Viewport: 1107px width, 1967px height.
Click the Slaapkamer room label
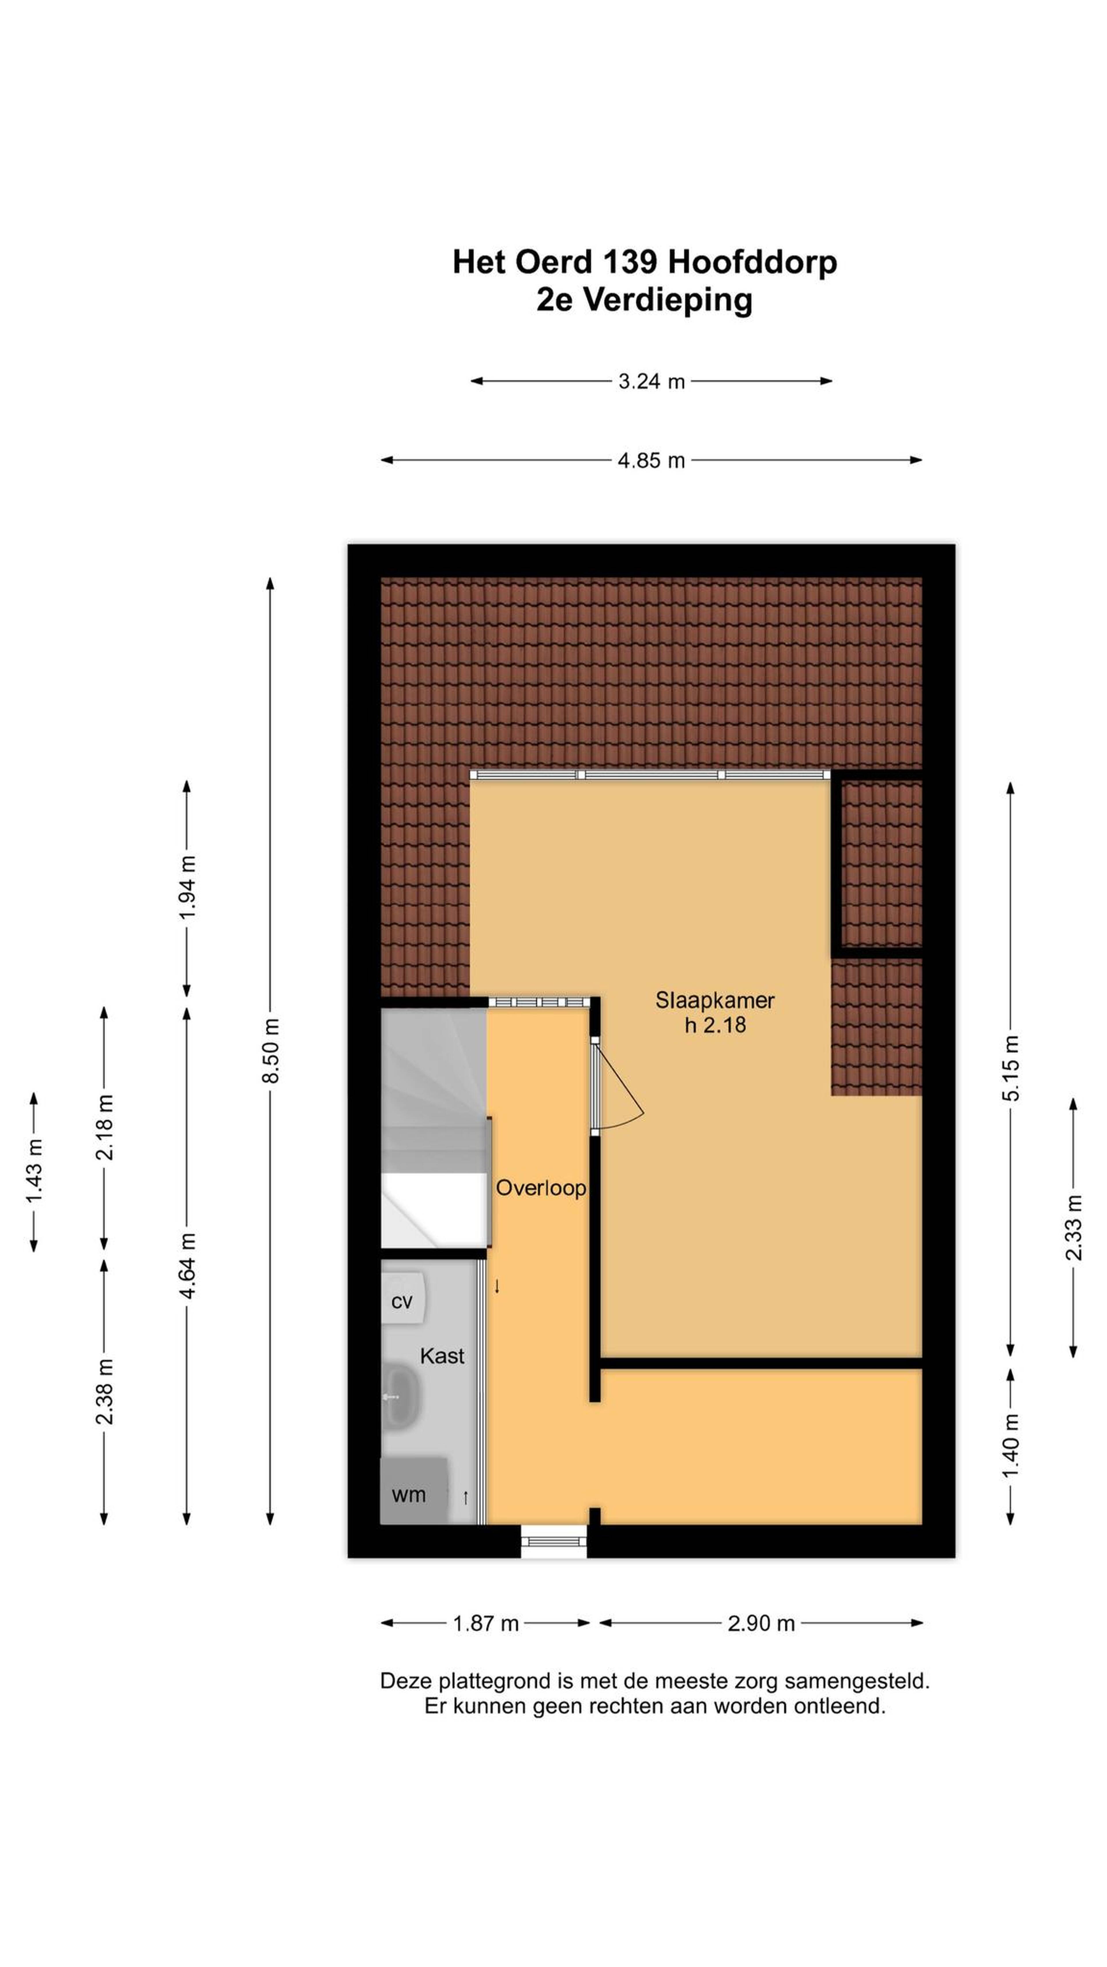714,1000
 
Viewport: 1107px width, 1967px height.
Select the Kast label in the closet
442,1356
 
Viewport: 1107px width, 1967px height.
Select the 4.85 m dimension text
651,460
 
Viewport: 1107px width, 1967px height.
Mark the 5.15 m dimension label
1011,1068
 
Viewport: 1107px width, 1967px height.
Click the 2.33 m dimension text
1073,1228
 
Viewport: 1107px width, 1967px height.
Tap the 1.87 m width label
486,1624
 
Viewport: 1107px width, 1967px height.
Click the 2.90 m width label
761,1624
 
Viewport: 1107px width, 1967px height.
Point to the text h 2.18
715,1025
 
